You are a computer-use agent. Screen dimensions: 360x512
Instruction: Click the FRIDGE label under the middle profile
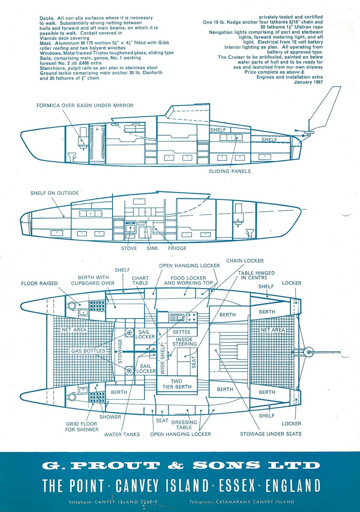(177, 248)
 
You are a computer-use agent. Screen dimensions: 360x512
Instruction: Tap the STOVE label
(129, 248)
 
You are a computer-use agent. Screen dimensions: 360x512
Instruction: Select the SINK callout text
(152, 248)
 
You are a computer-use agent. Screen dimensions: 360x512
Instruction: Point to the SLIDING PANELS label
(230, 171)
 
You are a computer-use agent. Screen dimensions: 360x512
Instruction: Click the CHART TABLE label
(140, 281)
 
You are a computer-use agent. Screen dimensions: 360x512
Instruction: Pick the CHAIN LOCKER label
(245, 261)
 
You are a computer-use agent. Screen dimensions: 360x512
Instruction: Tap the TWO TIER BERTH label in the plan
(177, 384)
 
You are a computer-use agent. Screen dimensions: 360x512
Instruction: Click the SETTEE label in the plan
(181, 332)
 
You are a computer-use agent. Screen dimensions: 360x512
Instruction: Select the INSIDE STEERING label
(184, 342)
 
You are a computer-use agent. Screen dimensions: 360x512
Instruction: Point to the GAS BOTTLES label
(88, 351)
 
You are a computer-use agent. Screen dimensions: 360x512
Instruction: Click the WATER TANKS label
(122, 434)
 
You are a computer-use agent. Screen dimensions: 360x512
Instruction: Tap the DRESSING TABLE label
(184, 424)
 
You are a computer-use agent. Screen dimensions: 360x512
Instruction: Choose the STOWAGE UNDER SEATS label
(271, 434)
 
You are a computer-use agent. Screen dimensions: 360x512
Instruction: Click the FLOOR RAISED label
(39, 283)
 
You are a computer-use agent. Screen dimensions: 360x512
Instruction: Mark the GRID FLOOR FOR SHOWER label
(82, 427)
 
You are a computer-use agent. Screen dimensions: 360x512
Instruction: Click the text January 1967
(309, 82)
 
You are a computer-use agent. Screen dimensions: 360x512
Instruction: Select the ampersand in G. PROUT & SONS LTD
(176, 465)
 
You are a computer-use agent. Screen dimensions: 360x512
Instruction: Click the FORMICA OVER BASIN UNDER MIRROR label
(85, 105)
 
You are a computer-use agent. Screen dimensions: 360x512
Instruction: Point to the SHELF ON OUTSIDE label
(54, 193)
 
